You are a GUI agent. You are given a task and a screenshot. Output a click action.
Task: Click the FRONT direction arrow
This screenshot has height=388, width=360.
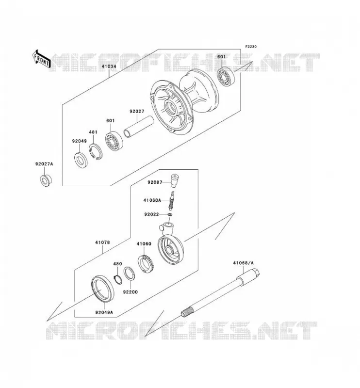pyautogui.click(x=42, y=59)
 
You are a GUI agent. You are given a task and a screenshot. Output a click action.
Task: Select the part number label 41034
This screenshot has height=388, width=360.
pyautogui.click(x=109, y=66)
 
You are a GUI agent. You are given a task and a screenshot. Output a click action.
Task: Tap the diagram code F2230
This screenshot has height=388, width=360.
pyautogui.click(x=251, y=47)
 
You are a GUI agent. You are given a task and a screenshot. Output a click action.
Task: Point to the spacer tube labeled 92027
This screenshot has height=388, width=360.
pyautogui.click(x=139, y=127)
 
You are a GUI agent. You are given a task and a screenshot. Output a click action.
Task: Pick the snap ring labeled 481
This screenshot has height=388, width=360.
pyautogui.click(x=95, y=152)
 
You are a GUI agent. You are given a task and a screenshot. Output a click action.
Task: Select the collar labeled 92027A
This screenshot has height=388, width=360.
pyautogui.click(x=45, y=180)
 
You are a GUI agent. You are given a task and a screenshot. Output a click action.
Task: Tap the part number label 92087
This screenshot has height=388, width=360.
pyautogui.click(x=155, y=182)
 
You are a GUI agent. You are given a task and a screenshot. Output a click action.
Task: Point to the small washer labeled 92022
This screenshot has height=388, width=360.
pyautogui.click(x=170, y=214)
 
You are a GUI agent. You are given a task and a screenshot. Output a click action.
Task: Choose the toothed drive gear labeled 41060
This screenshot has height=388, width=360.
pyautogui.click(x=146, y=263)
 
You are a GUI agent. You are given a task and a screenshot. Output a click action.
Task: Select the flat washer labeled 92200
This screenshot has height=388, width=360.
pyautogui.click(x=129, y=274)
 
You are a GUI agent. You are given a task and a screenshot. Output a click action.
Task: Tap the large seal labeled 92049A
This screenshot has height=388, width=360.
pyautogui.click(x=103, y=288)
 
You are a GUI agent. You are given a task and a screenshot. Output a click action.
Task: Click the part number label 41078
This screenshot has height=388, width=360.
pyautogui.click(x=102, y=242)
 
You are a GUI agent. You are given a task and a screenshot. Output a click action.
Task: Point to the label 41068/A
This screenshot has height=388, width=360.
pyautogui.click(x=243, y=263)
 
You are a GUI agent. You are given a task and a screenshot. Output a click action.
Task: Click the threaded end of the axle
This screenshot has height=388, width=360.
pyautogui.click(x=188, y=311)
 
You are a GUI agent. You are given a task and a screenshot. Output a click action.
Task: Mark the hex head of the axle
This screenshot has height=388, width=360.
pyautogui.click(x=255, y=273)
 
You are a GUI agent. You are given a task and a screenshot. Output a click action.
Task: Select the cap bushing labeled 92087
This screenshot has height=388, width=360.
pyautogui.click(x=175, y=180)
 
